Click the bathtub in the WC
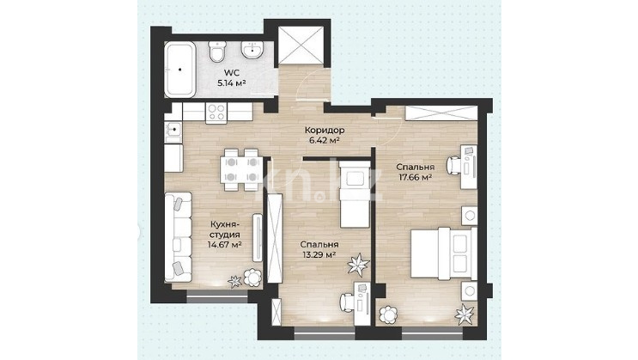[x=179, y=70]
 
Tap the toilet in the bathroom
[x=216, y=52]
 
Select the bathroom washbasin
[x=252, y=50]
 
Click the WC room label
[x=232, y=73]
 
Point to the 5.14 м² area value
[x=232, y=84]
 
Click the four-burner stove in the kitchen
[x=216, y=113]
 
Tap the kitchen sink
[x=173, y=131]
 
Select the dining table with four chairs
[x=241, y=170]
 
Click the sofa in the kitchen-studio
[x=178, y=237]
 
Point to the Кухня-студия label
[x=225, y=229]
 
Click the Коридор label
[x=325, y=131]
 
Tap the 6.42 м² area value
[x=325, y=141]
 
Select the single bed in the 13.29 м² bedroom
[x=355, y=194]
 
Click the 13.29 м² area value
[x=319, y=255]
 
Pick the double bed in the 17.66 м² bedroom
[x=443, y=253]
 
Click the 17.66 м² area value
[x=414, y=178]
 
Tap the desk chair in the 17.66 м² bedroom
[x=453, y=165]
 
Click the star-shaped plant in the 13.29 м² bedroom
[x=358, y=265]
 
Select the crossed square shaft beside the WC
[x=301, y=45]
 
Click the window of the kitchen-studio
[x=217, y=296]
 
